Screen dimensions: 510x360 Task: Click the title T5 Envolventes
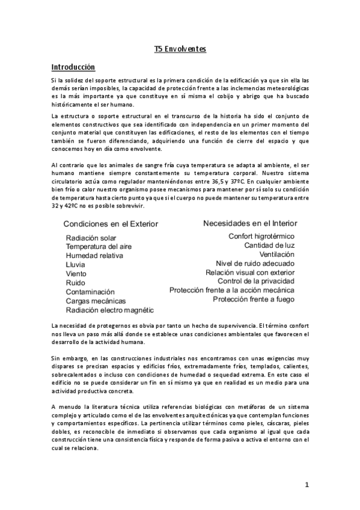click(x=180, y=49)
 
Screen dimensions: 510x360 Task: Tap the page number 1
click(x=306, y=485)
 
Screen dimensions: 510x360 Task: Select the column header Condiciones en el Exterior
click(x=111, y=224)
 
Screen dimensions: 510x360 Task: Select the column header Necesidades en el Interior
click(x=250, y=223)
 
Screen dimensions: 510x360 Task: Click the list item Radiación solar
click(x=91, y=238)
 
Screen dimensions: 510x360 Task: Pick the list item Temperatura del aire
click(x=99, y=247)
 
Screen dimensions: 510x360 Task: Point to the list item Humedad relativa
click(x=94, y=256)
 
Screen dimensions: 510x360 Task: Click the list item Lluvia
click(x=76, y=265)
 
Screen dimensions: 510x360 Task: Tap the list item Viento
click(x=76, y=274)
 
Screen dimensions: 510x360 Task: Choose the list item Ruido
click(x=76, y=283)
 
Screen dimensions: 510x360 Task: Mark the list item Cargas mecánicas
click(x=96, y=301)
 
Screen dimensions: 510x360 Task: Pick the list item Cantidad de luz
click(x=270, y=245)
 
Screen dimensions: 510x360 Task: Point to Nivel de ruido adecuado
click(x=255, y=263)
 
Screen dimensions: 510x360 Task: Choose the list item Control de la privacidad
click(x=256, y=281)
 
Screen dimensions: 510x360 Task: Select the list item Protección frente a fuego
click(x=254, y=299)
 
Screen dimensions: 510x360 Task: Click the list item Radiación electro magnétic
click(x=110, y=310)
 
